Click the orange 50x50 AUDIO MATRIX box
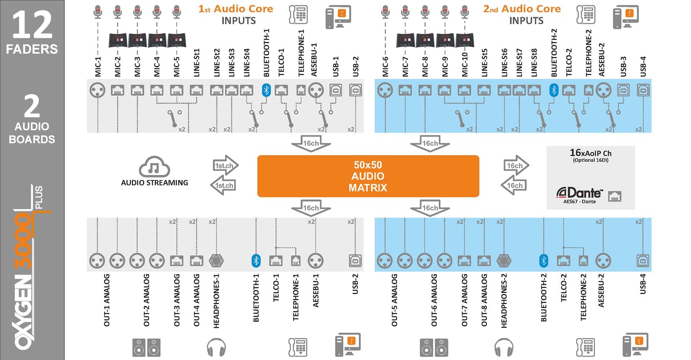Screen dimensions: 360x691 [x=368, y=176]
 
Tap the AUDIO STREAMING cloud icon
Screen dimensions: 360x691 [x=154, y=167]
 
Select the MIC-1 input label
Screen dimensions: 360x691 [x=98, y=66]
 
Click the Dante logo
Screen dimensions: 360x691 [x=579, y=193]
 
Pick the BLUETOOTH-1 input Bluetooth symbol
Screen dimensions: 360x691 [x=266, y=90]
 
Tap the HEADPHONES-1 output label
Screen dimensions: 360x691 [x=216, y=301]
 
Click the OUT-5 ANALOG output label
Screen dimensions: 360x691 [x=394, y=300]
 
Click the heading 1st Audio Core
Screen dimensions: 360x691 [x=235, y=9]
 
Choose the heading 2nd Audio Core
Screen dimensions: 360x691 [x=522, y=9]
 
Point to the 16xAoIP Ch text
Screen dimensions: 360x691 [x=590, y=153]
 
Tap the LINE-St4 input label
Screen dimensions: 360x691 [x=247, y=63]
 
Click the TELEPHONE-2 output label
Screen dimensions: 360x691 [x=583, y=297]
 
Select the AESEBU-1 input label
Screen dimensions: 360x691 [x=314, y=60]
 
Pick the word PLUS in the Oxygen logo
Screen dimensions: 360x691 [x=39, y=197]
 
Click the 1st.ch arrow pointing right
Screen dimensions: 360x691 [x=225, y=165]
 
